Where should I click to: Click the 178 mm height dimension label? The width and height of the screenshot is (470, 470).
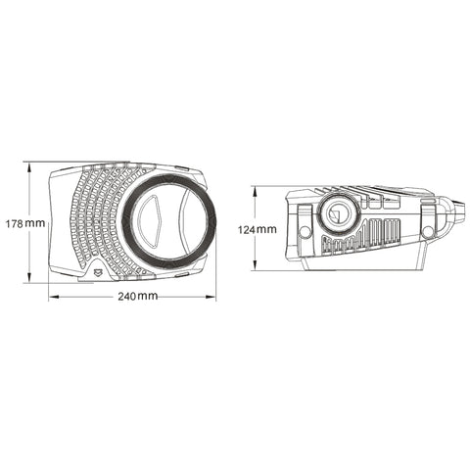[23, 222]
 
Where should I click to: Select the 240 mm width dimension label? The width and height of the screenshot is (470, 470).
[134, 296]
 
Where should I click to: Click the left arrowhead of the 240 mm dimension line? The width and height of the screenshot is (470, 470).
[51, 296]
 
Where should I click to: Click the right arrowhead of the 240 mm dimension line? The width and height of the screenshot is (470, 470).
[214, 296]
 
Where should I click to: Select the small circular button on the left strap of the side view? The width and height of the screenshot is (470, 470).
[305, 232]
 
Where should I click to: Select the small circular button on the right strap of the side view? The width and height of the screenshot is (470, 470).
[427, 232]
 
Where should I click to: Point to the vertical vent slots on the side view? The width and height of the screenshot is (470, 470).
[364, 236]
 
